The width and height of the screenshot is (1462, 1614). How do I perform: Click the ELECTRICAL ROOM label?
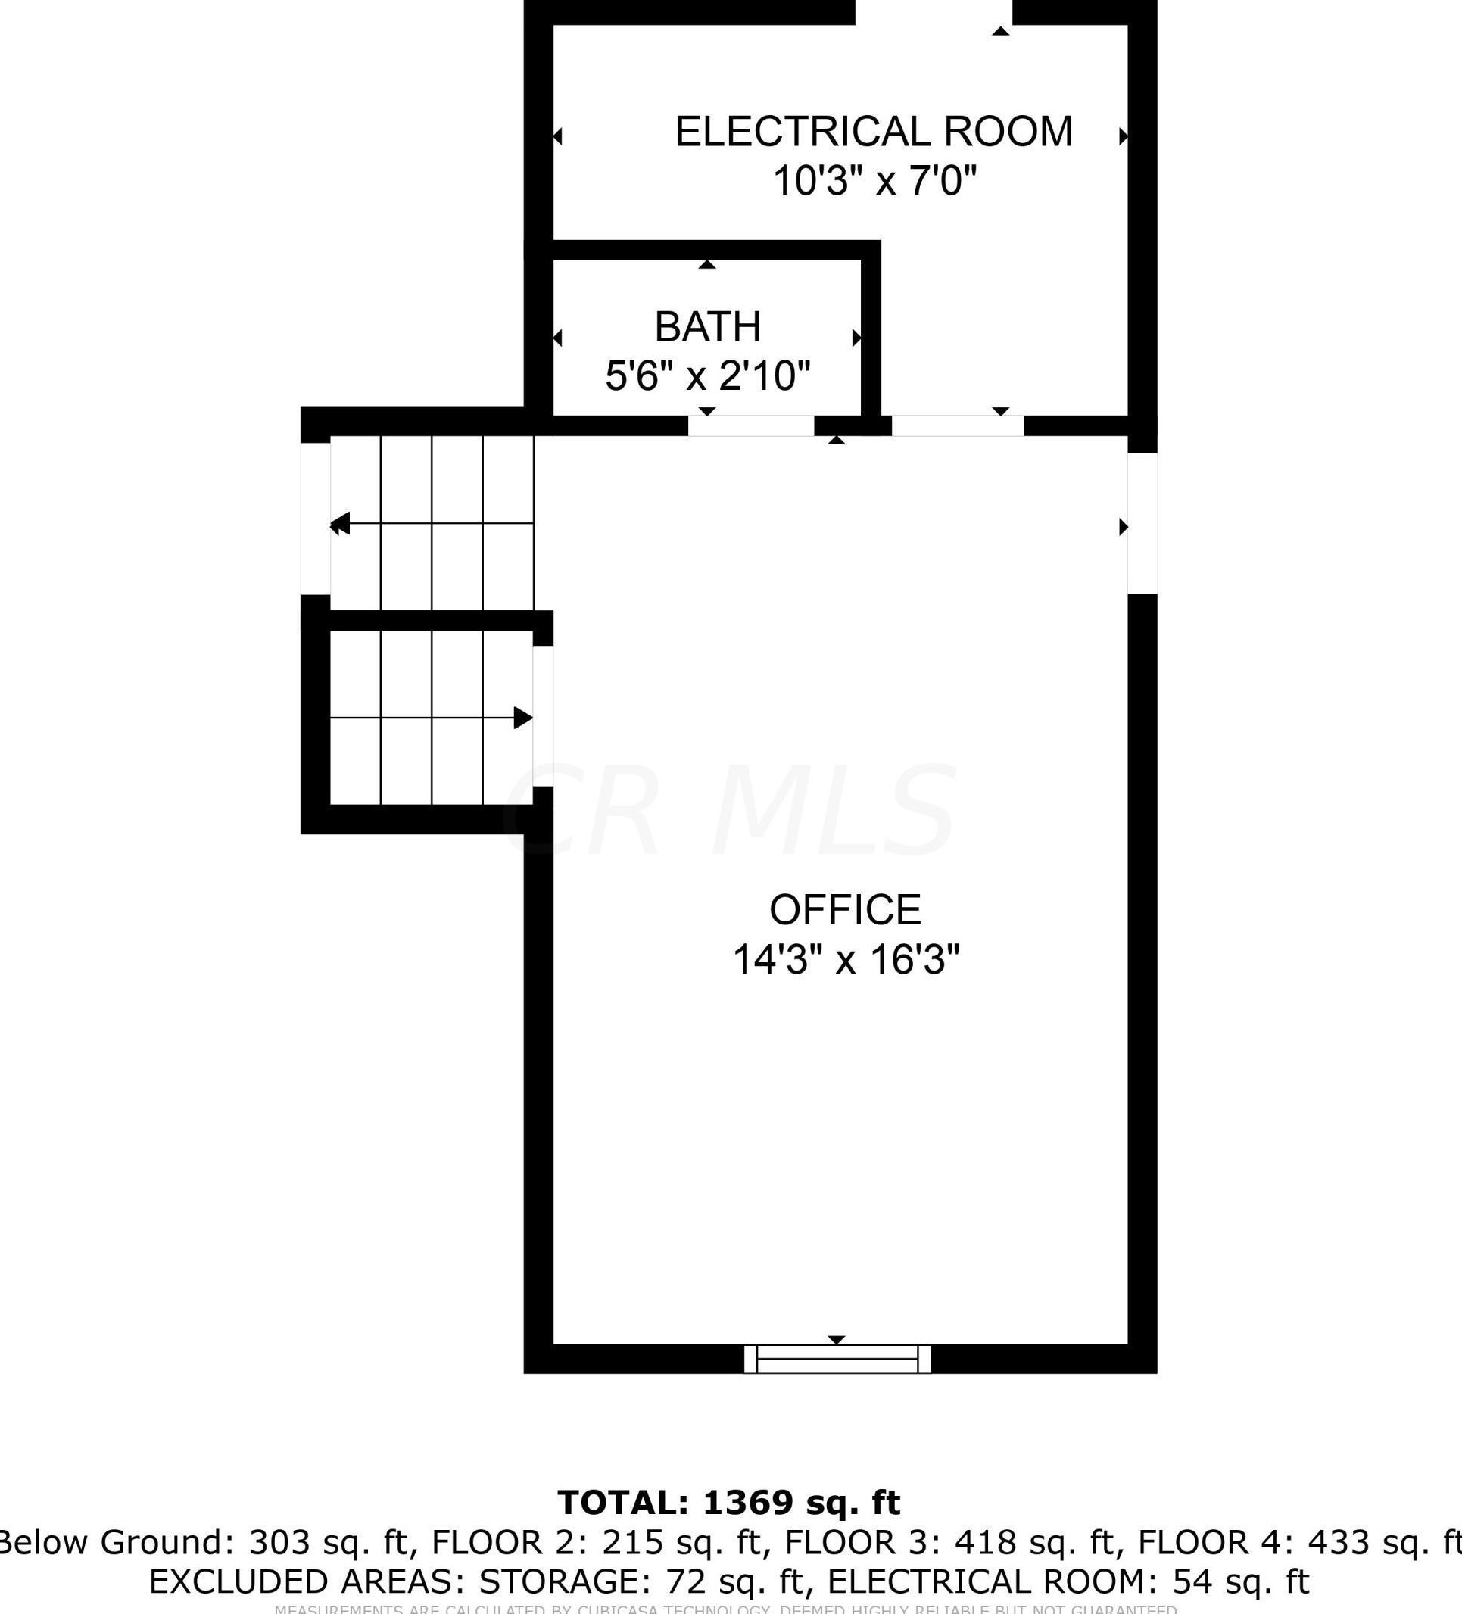tap(874, 132)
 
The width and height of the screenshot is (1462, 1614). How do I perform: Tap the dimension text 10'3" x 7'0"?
tap(874, 181)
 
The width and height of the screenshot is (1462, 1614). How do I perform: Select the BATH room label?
tap(708, 326)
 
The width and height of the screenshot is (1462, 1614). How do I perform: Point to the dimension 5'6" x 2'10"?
tap(708, 375)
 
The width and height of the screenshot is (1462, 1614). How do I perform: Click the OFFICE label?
tap(846, 909)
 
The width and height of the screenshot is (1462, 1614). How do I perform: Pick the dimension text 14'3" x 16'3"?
tap(846, 959)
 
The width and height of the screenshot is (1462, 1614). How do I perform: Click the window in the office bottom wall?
tap(837, 1359)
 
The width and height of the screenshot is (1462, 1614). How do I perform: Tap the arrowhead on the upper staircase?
tap(340, 524)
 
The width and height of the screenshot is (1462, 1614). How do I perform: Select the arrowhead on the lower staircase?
tap(522, 718)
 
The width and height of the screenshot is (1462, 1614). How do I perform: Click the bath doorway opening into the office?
tap(751, 426)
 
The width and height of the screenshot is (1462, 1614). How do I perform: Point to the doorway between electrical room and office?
tap(958, 426)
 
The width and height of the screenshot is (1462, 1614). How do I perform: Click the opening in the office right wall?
tap(1142, 524)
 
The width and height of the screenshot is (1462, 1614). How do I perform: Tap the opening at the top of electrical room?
tap(934, 13)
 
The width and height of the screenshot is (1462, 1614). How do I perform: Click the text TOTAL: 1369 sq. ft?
tap(729, 1503)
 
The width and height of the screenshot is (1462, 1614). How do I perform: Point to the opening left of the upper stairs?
tap(316, 519)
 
